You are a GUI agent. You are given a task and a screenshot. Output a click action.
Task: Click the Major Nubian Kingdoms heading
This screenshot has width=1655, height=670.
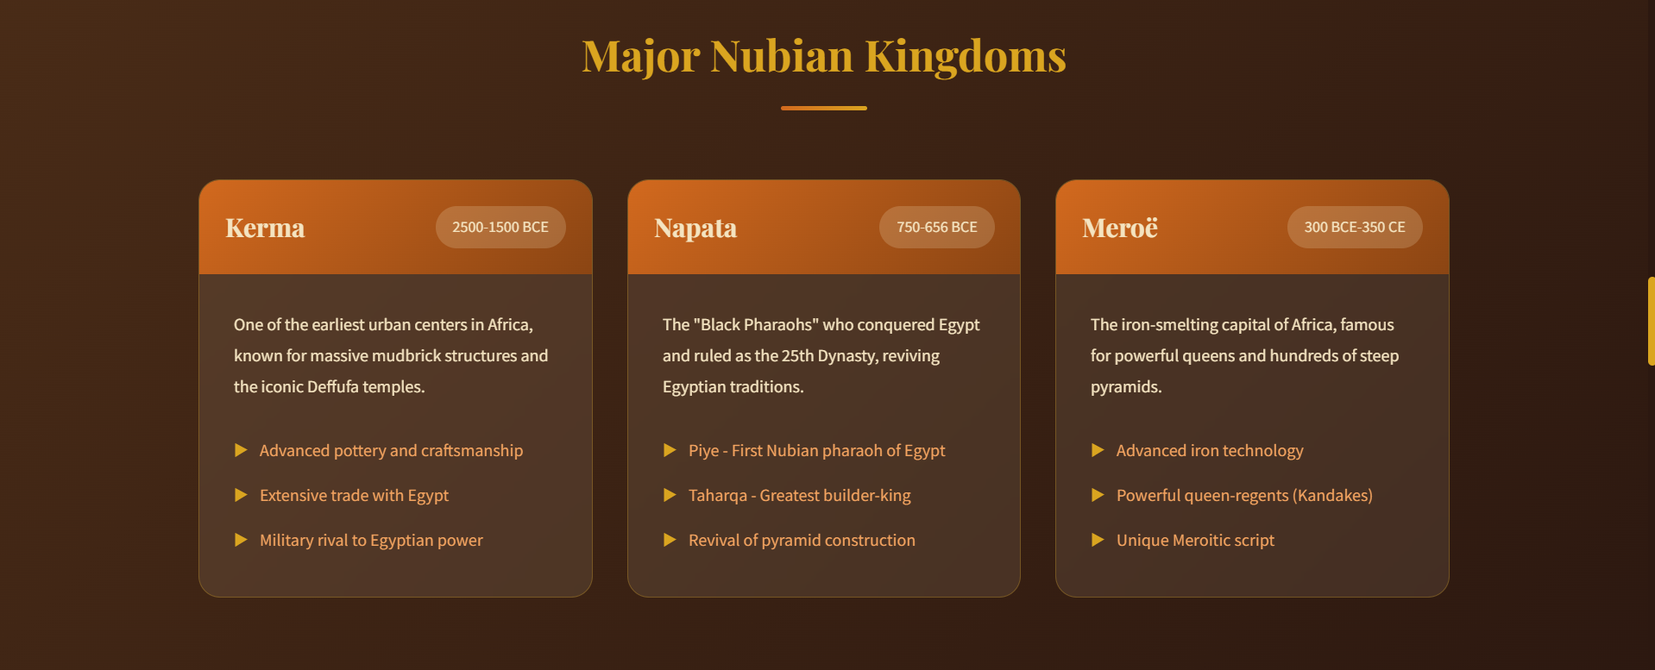click(x=824, y=56)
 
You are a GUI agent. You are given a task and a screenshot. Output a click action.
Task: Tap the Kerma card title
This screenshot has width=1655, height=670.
click(x=265, y=228)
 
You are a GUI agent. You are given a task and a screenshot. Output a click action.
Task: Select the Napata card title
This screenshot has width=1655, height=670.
click(x=695, y=228)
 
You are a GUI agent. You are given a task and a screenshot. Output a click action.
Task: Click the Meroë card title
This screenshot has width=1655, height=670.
click(x=1120, y=228)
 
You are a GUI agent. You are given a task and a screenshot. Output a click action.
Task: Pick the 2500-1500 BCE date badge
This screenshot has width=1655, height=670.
click(x=500, y=227)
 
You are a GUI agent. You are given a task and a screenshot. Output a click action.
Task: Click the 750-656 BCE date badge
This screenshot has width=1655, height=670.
click(x=936, y=227)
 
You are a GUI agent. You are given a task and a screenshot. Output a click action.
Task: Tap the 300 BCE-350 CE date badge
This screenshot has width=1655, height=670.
click(x=1354, y=227)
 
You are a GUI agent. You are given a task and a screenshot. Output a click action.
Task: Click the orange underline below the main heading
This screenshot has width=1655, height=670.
click(x=824, y=108)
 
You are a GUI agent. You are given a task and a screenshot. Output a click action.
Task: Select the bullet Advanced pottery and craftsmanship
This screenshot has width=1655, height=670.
click(x=391, y=450)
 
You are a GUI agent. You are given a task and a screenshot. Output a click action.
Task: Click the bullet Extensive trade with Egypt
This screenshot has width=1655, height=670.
click(x=354, y=495)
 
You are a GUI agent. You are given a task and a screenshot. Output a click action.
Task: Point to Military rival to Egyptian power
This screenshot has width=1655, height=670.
click(x=371, y=540)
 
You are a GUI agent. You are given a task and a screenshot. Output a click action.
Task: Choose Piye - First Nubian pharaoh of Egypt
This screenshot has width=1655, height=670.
click(x=816, y=450)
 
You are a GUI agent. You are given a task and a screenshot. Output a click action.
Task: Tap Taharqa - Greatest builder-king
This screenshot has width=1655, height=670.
click(x=799, y=495)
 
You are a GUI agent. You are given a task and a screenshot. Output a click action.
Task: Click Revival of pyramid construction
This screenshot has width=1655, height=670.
click(x=802, y=540)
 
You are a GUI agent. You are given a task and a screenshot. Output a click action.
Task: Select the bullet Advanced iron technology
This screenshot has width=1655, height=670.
click(x=1209, y=450)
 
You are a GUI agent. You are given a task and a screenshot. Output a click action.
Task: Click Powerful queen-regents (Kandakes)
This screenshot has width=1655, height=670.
click(x=1243, y=495)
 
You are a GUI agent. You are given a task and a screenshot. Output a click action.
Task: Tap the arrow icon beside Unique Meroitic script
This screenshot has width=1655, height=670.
click(x=1098, y=540)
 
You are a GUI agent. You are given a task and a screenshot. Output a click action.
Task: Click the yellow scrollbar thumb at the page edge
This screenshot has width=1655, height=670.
click(x=1651, y=321)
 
